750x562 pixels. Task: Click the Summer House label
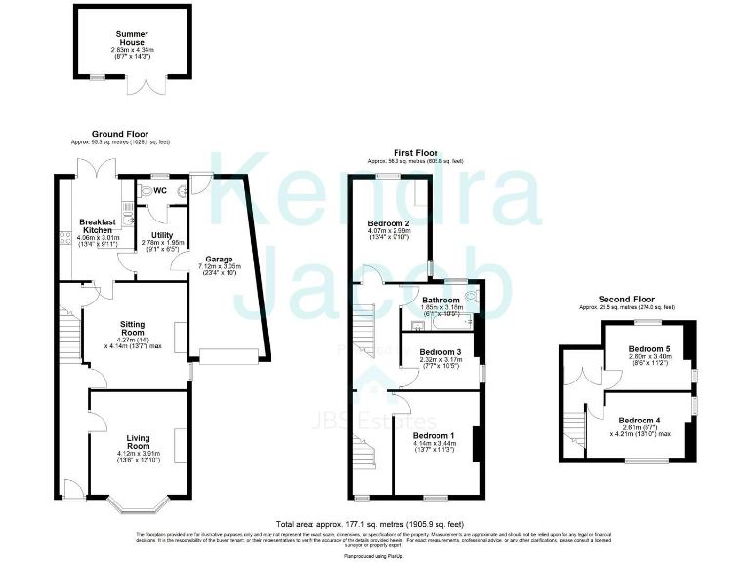click(x=132, y=38)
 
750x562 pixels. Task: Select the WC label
click(x=159, y=191)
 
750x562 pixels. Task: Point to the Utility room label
click(x=162, y=235)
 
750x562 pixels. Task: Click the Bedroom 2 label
click(x=388, y=223)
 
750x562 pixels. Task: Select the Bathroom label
click(x=440, y=301)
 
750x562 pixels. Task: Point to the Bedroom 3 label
click(x=439, y=352)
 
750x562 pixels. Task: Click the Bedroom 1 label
click(x=434, y=435)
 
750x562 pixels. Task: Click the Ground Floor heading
click(x=120, y=135)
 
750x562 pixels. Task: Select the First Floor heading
click(x=414, y=153)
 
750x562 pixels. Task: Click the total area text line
click(x=377, y=524)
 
